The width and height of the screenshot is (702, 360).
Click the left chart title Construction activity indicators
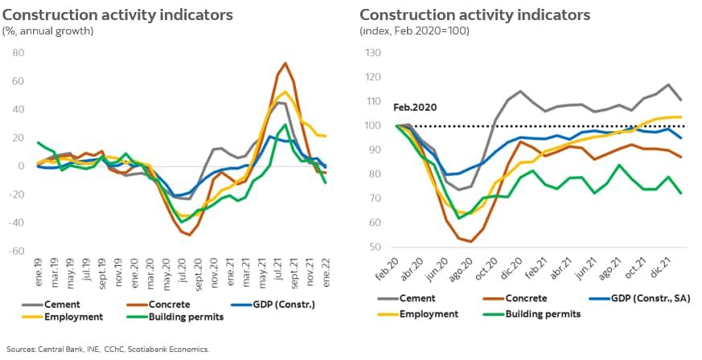click(118, 15)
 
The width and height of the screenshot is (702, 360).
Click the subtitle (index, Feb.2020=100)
click(414, 31)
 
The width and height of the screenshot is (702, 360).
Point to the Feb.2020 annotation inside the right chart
click(413, 107)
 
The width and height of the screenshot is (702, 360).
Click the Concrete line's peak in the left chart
click(285, 63)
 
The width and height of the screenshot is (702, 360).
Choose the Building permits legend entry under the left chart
click(185, 317)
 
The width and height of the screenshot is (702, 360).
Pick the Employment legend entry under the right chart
click(426, 314)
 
